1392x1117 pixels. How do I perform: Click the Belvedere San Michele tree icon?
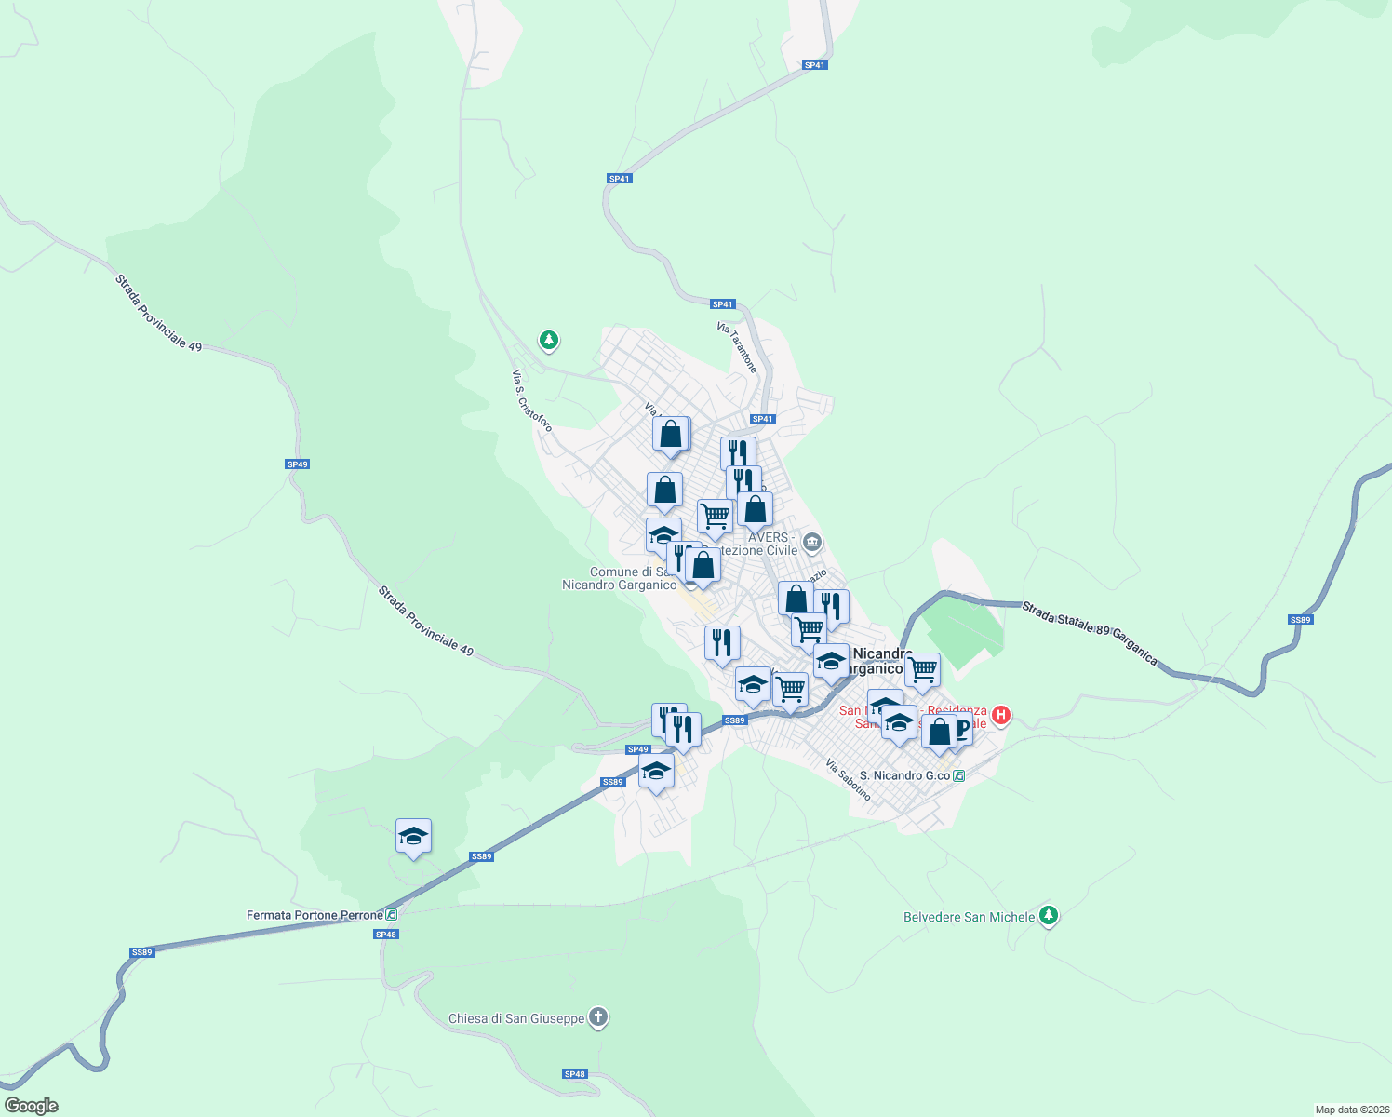tap(1049, 916)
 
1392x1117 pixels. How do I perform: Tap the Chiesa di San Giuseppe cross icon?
tap(598, 1017)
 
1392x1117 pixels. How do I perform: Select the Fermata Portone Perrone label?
tap(315, 915)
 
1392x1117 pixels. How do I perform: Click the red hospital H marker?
tap(1001, 715)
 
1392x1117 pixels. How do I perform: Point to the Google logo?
tap(31, 1106)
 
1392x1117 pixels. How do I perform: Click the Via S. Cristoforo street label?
tap(532, 400)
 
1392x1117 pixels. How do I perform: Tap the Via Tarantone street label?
tap(737, 347)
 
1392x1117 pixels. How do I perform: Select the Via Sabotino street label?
tap(849, 780)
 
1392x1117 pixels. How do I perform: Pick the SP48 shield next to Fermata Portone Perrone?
tap(387, 935)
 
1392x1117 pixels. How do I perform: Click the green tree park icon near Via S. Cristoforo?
tap(549, 341)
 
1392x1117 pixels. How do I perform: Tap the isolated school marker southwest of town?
tap(413, 837)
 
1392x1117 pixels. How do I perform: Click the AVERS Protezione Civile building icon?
tap(812, 541)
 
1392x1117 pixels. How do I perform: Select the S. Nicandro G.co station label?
tap(904, 775)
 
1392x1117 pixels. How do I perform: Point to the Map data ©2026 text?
tap(1351, 1110)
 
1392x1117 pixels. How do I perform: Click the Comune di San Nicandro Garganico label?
tap(620, 578)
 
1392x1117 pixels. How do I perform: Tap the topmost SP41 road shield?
tap(814, 65)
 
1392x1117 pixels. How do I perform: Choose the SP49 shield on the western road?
tap(297, 464)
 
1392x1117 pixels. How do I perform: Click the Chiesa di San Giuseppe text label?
tap(516, 1018)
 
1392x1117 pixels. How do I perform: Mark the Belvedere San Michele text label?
tap(969, 917)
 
